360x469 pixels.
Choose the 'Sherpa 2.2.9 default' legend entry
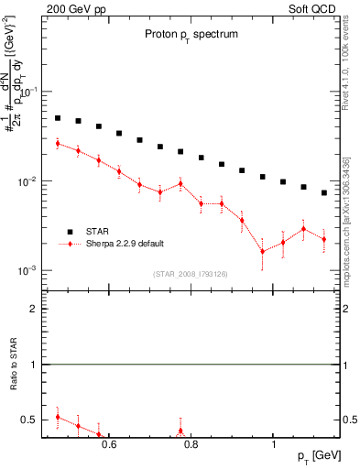[x=118, y=244]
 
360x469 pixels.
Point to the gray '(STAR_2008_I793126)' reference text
[x=191, y=272]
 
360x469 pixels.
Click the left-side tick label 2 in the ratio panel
[x=34, y=310]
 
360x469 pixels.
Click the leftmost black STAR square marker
[x=58, y=118]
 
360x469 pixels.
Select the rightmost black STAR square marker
[x=324, y=192]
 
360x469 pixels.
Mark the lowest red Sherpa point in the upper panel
[x=263, y=251]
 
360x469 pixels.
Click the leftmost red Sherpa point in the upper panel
[x=58, y=143]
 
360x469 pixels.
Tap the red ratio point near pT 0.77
[x=180, y=431]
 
